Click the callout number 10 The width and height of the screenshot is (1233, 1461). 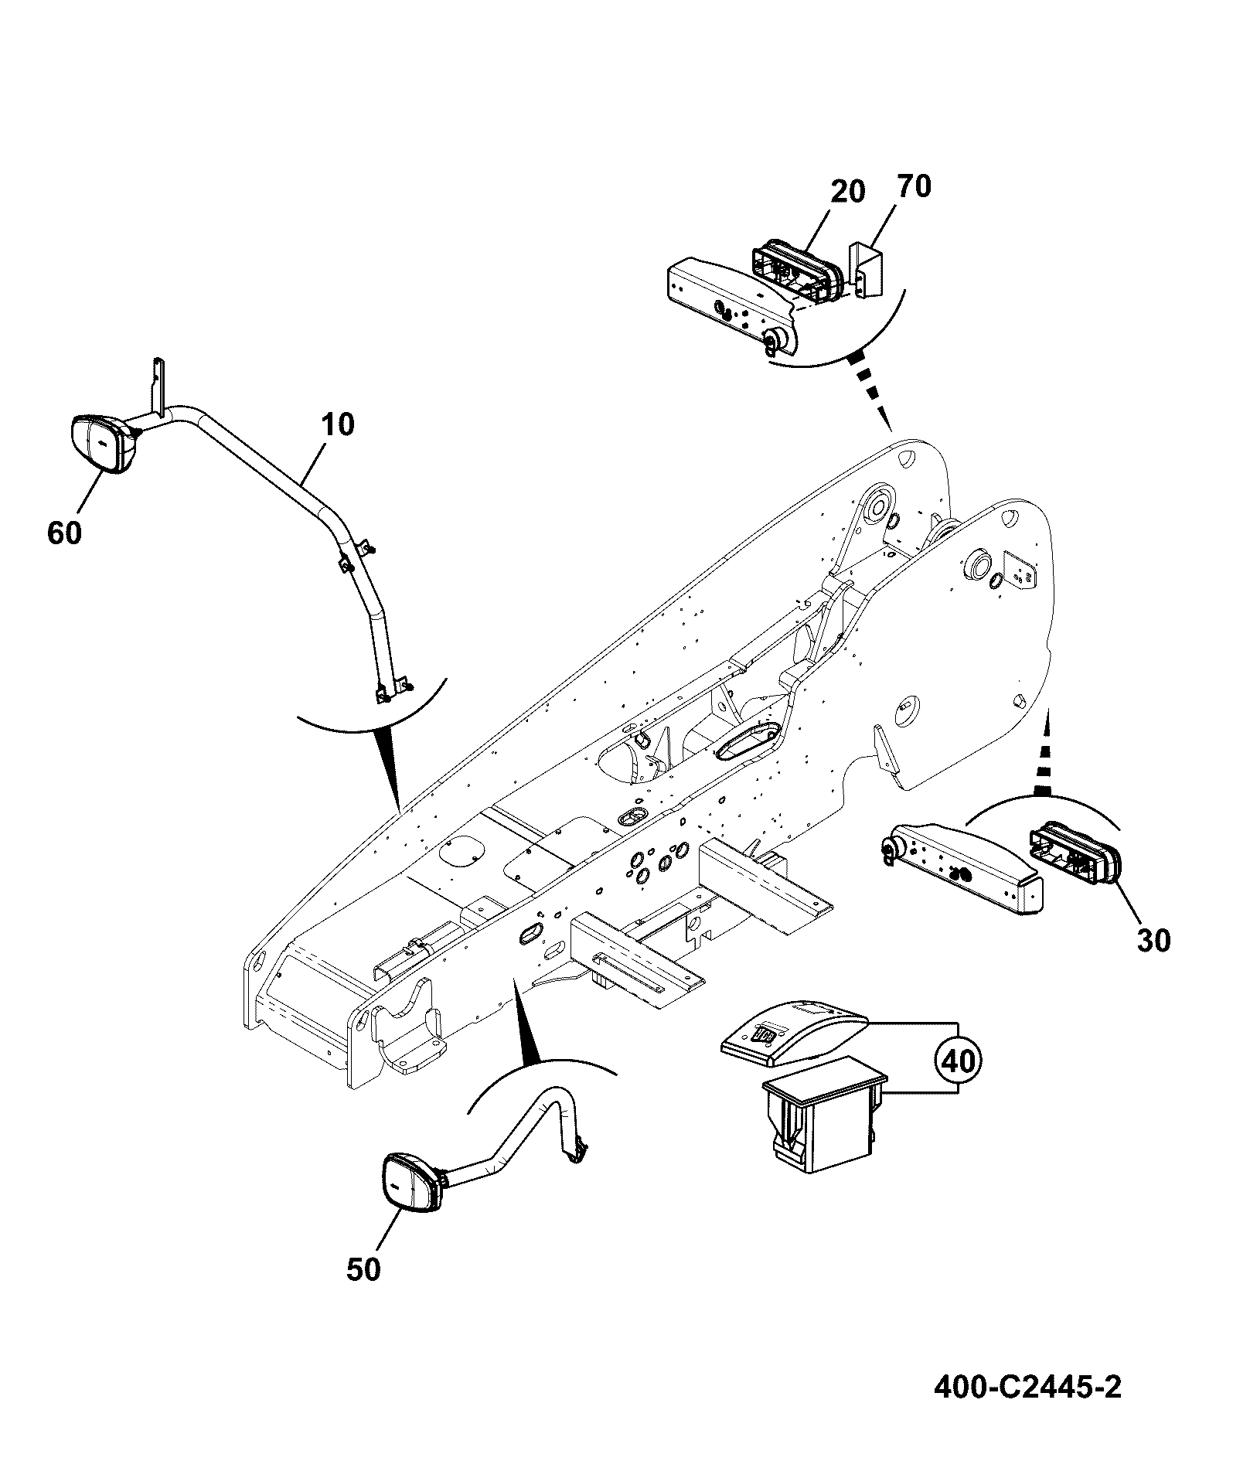pyautogui.click(x=337, y=424)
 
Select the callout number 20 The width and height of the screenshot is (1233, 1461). pyautogui.click(x=848, y=191)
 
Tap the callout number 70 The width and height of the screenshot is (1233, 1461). pyautogui.click(x=914, y=186)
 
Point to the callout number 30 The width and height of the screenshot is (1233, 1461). pyautogui.click(x=1153, y=941)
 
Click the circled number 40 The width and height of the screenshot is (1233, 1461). pyautogui.click(x=959, y=1060)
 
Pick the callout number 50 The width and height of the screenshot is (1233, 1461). pyautogui.click(x=363, y=1270)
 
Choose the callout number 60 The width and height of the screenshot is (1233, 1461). pyautogui.click(x=64, y=533)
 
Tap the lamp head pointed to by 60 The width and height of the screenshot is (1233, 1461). pyautogui.click(x=102, y=443)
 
